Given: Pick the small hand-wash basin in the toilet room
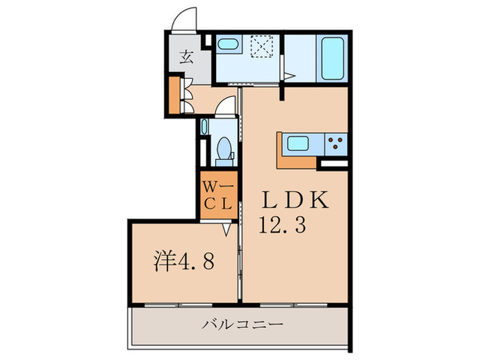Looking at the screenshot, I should point(204,127).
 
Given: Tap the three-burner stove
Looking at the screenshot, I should point(335,144).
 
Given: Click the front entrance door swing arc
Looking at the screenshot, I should point(183,19).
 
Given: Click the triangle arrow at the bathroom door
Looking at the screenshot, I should point(290,77).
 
